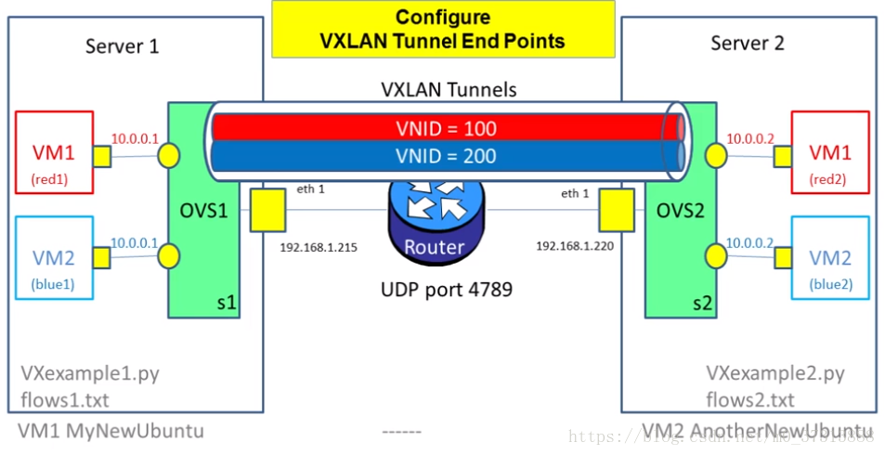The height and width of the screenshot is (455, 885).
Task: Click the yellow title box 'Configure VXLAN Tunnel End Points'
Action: coord(442,30)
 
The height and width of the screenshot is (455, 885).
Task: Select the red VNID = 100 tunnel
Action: coord(446,128)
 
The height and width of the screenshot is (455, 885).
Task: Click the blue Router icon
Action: coord(434,219)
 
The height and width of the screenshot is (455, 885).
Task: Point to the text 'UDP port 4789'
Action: coord(448,289)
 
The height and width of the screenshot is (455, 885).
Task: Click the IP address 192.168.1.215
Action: coord(319,248)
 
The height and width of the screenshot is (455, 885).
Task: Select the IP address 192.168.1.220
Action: coord(573,248)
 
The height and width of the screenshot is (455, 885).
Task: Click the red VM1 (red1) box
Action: coord(55,151)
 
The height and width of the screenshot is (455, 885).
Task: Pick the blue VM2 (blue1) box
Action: coord(55,257)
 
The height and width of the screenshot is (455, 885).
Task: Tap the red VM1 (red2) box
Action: coord(828,151)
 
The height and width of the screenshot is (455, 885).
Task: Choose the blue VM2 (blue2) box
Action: coord(828,257)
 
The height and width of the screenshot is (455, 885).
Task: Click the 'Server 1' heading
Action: coord(122,45)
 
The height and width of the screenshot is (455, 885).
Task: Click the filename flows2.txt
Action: coord(749,400)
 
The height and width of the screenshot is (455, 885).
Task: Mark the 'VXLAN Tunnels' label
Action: coord(449,90)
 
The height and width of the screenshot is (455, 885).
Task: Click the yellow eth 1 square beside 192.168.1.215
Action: coord(267,209)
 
